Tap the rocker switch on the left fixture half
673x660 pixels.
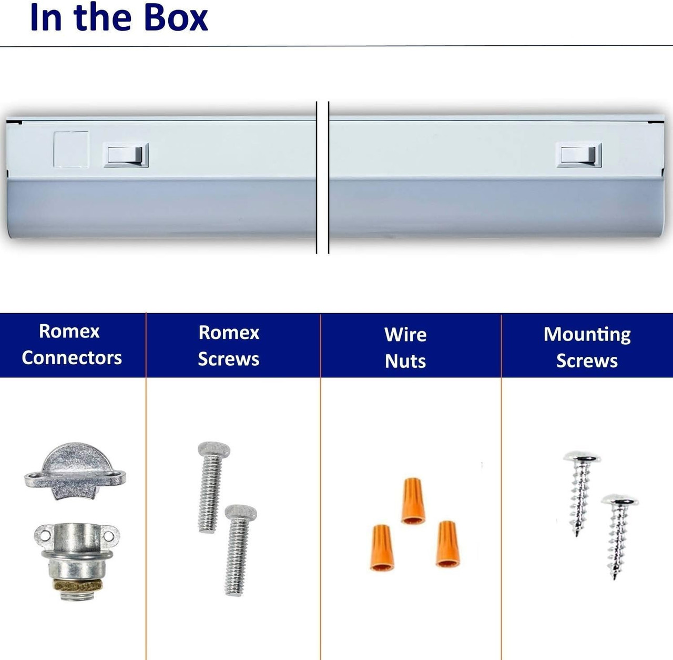(x=126, y=155)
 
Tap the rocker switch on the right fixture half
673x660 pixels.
(x=578, y=155)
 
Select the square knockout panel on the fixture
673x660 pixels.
(x=71, y=149)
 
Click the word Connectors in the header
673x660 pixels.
(x=72, y=358)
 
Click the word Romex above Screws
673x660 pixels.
(x=229, y=333)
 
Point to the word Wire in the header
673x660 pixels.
(x=405, y=335)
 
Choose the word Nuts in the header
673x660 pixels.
(x=405, y=361)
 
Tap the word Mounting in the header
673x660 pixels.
(x=587, y=335)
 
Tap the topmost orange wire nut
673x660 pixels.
(x=413, y=501)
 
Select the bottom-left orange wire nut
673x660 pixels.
(x=382, y=547)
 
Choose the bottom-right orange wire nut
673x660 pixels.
(x=447, y=544)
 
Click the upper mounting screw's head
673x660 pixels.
(x=582, y=458)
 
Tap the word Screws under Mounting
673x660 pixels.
(x=587, y=361)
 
